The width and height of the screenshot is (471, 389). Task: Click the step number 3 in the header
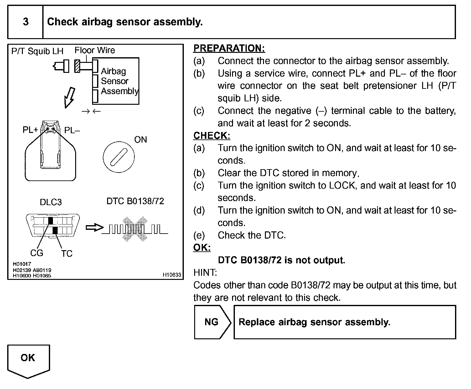coord(26,22)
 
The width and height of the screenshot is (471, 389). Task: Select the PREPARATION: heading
coord(229,48)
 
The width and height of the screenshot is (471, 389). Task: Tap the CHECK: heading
coord(212,135)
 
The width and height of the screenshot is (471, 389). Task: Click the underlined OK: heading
coord(202,247)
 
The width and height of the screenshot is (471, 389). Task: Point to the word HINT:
coord(205,273)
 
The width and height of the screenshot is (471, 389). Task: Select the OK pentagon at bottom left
coord(28,360)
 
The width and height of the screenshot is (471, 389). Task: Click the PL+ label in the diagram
coord(30,130)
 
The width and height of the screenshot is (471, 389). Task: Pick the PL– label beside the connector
coord(72,130)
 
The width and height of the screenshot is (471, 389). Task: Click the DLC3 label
coord(51,202)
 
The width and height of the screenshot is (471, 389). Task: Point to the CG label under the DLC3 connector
coord(37,253)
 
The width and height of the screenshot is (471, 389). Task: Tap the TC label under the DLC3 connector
coord(67,253)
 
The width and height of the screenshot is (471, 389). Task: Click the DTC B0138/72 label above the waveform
coord(135,201)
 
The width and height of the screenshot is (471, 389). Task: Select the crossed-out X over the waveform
coord(134,229)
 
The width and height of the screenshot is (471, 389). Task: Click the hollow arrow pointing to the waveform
coord(94,228)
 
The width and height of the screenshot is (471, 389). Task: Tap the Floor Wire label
coord(95,50)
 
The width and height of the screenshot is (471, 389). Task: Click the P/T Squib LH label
coord(37,51)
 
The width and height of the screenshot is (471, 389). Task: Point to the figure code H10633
coord(172,275)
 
